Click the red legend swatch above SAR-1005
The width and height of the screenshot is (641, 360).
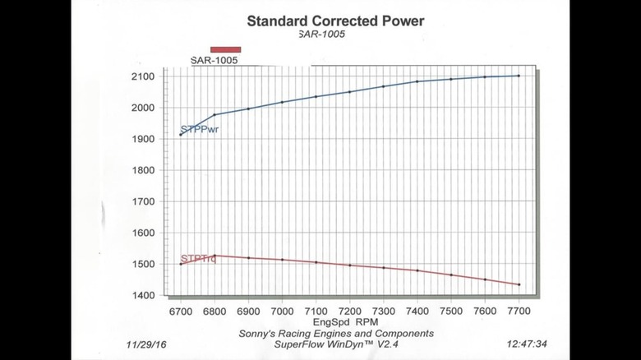(225, 49)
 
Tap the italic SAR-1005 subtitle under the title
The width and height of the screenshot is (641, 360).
(323, 35)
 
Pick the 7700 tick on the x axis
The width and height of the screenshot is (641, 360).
(519, 312)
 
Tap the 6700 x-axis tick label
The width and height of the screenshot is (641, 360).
(180, 312)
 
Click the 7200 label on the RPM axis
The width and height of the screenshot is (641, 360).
(349, 312)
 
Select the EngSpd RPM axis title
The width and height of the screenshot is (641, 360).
(348, 323)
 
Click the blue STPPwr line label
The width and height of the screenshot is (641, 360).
(199, 130)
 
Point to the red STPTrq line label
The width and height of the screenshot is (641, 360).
(198, 260)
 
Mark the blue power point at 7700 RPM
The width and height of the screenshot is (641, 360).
(519, 76)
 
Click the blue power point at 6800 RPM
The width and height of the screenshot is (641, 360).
(214, 114)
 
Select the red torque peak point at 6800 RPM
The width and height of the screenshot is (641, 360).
(214, 256)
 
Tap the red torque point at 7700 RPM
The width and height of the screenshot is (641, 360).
(519, 284)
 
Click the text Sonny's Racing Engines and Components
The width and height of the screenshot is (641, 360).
(335, 334)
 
